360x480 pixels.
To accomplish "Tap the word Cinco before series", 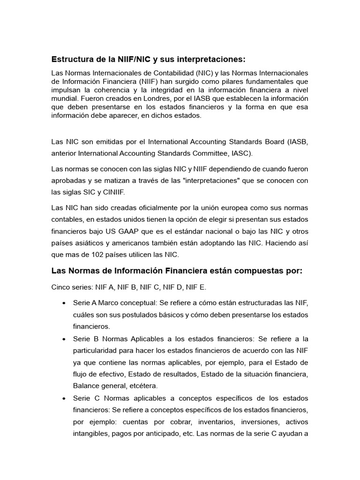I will pyautogui.click(x=60, y=287).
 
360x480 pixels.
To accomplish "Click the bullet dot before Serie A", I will pyautogui.click(x=63, y=303).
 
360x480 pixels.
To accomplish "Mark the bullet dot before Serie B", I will pyautogui.click(x=63, y=338).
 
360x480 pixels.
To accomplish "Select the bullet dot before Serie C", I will pyautogui.click(x=63, y=398).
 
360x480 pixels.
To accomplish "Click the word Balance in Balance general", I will pyautogui.click(x=86, y=386).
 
